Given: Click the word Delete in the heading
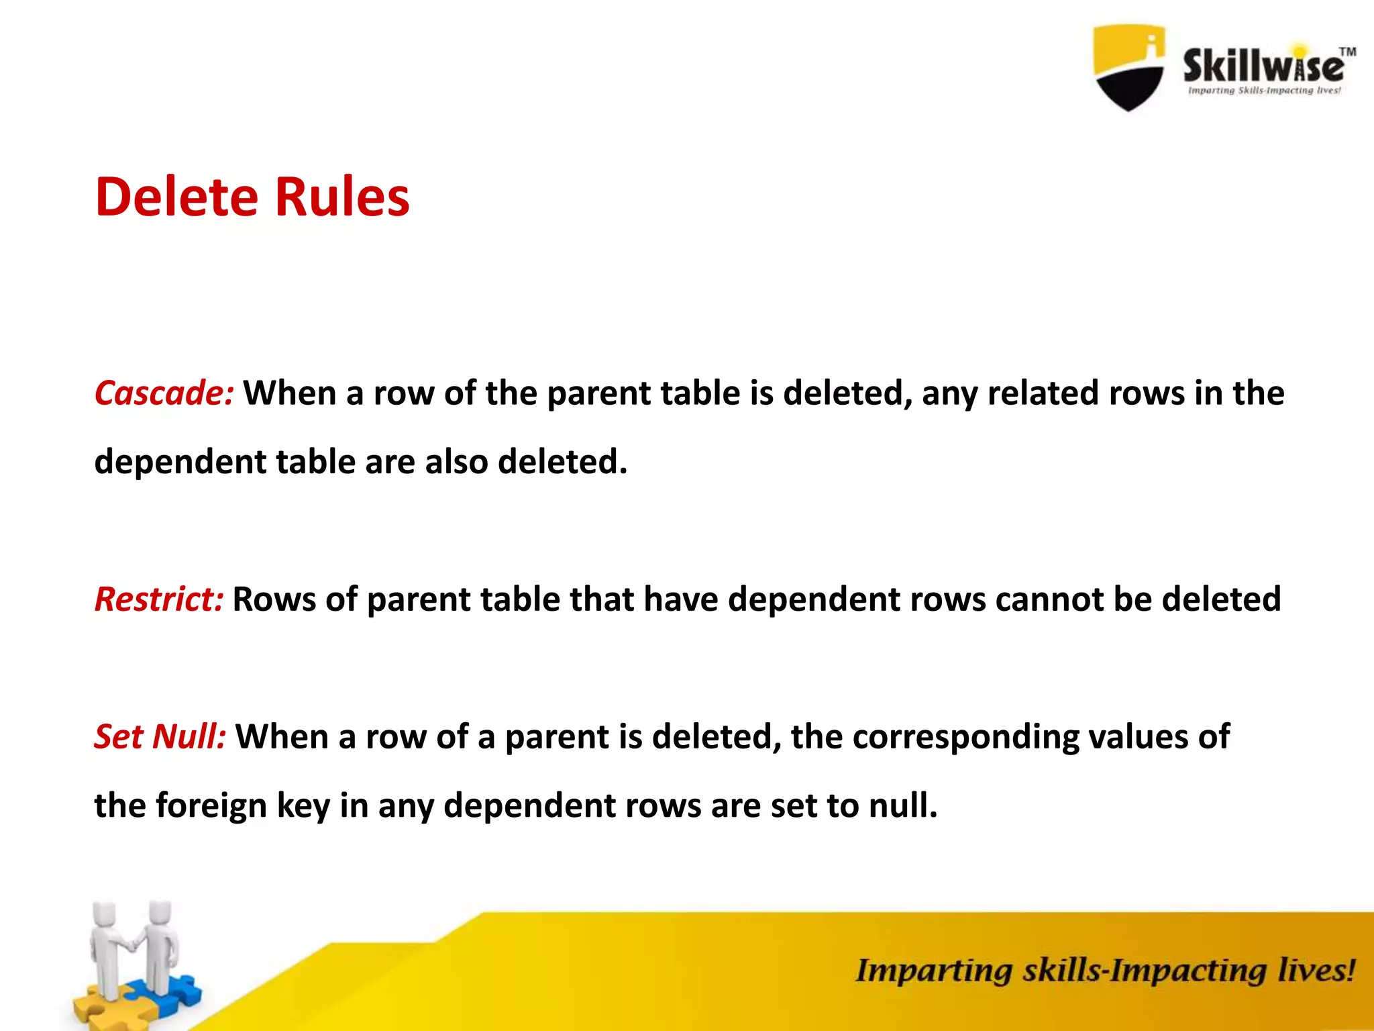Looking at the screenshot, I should pos(176,197).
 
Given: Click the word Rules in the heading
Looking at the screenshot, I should pos(342,197).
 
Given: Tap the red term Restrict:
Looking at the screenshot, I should pos(159,599).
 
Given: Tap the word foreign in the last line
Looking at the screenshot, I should pos(211,805).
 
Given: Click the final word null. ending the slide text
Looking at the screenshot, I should pos(903,805).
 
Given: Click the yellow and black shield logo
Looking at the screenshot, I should pos(1129,67).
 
